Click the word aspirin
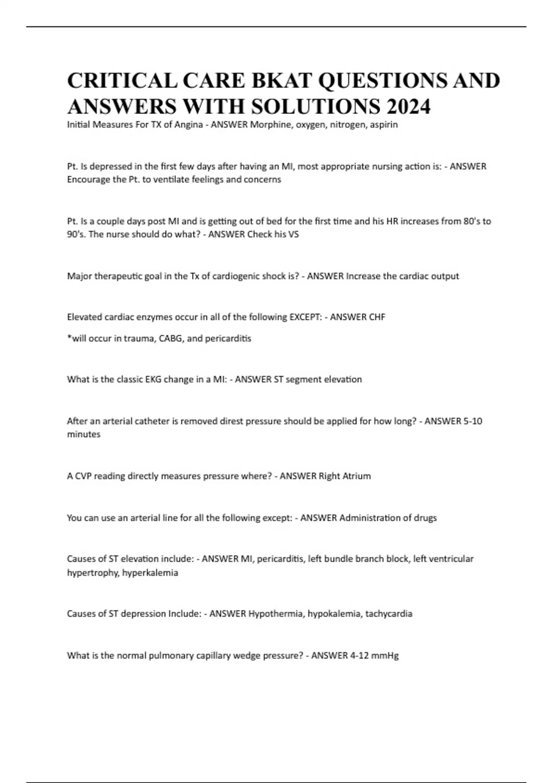click(383, 124)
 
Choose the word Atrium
click(356, 476)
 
